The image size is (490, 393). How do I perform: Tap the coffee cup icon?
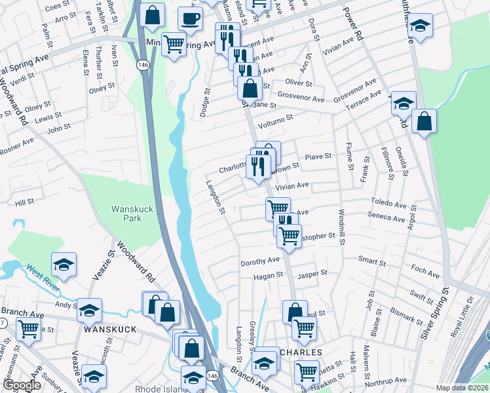point(190,19)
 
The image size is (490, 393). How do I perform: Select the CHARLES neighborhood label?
point(300,352)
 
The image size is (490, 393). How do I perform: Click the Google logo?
point(22,386)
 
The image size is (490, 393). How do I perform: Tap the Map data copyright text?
point(462,388)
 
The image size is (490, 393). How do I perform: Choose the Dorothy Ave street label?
point(260,261)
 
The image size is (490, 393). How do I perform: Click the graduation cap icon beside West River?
point(64,264)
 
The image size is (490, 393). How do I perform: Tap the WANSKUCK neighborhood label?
point(109,329)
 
